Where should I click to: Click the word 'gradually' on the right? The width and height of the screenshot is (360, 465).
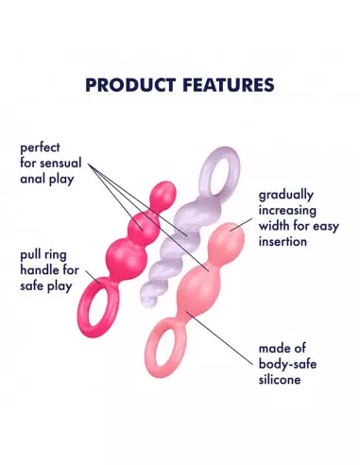pos(290,197)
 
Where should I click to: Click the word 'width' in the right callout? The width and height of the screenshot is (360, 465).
pos(274,227)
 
